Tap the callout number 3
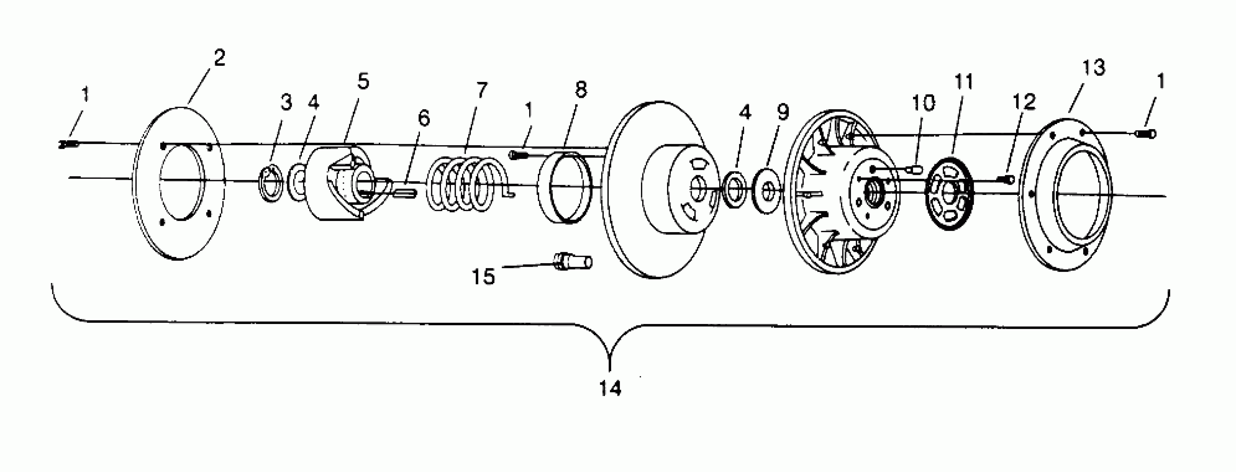click(x=286, y=102)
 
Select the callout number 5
click(x=363, y=82)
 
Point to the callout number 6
click(x=424, y=118)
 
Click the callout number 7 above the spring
click(x=482, y=90)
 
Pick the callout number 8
click(x=581, y=89)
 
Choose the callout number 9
click(x=783, y=112)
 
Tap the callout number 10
click(x=923, y=103)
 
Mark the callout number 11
click(x=964, y=82)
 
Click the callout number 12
click(x=1024, y=102)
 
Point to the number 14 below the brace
click(x=610, y=388)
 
